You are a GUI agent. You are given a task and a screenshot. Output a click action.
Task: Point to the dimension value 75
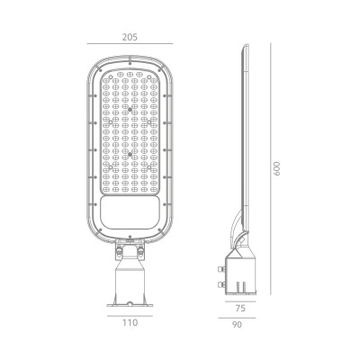240,309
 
